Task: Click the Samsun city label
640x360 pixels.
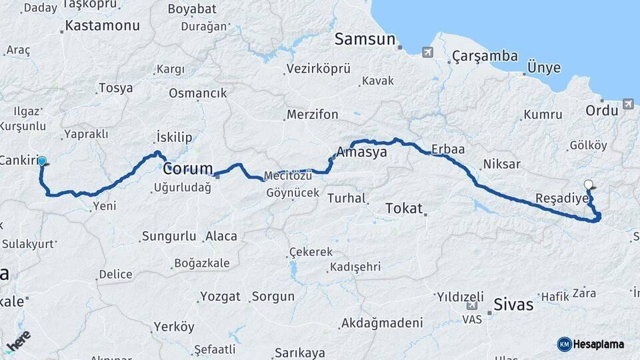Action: click(x=365, y=39)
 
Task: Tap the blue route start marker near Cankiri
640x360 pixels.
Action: click(x=42, y=161)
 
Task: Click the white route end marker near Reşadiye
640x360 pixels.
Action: click(x=588, y=185)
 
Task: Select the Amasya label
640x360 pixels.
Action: click(x=362, y=153)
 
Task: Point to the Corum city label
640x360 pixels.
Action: click(x=188, y=168)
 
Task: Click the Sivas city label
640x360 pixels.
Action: click(x=513, y=305)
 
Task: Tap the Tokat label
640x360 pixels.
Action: click(x=404, y=209)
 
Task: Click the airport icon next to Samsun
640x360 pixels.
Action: click(x=427, y=51)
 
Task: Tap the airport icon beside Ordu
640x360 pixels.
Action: click(x=628, y=104)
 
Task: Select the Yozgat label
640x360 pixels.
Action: click(x=220, y=297)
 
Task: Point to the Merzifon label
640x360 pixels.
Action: click(x=313, y=115)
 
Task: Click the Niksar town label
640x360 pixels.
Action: click(x=501, y=163)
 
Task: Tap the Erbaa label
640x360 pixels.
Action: click(x=448, y=149)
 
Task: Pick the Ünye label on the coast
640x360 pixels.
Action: click(x=543, y=69)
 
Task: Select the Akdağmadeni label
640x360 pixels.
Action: click(x=382, y=323)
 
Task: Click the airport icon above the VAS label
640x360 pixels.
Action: click(x=472, y=306)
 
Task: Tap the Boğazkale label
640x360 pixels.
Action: click(x=201, y=263)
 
